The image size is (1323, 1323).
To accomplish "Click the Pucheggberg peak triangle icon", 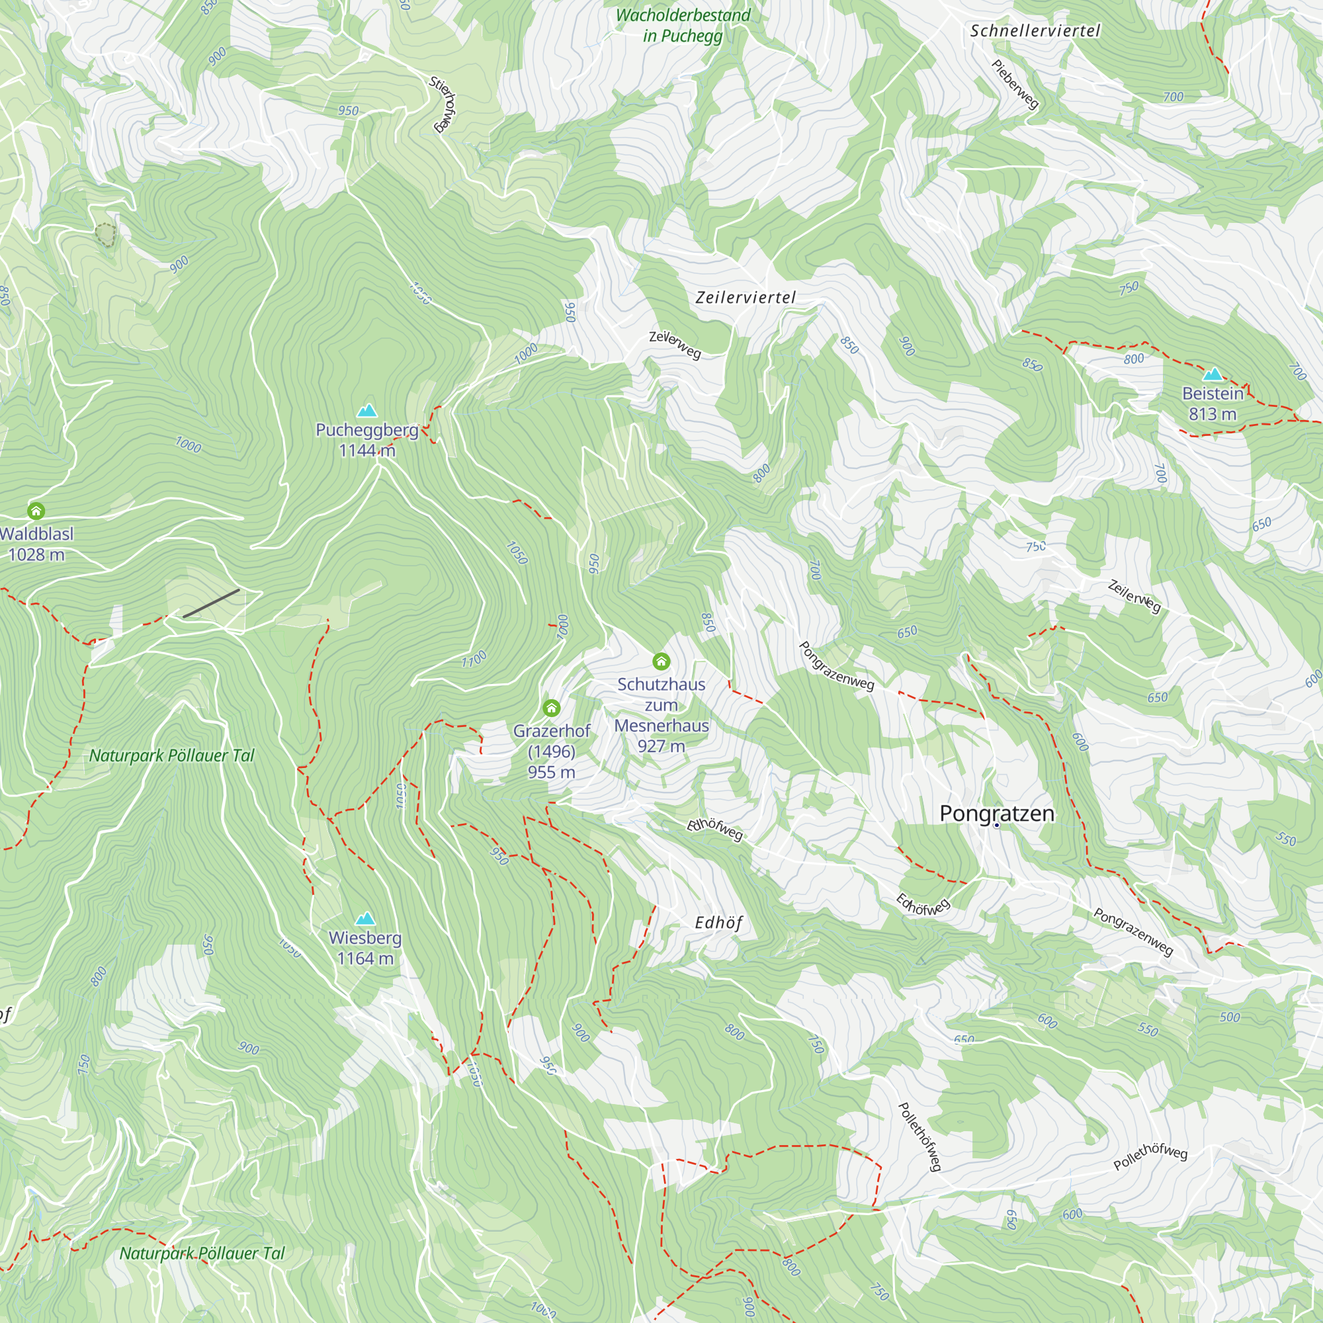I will (367, 411).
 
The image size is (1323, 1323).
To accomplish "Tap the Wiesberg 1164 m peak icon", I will (365, 919).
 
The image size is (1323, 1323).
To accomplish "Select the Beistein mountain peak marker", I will (1212, 374).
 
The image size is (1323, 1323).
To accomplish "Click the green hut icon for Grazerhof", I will (551, 708).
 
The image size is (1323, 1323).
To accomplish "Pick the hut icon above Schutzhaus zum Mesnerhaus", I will (661, 661).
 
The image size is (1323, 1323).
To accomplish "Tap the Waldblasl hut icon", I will (36, 511).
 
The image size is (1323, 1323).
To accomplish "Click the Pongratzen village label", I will (996, 814).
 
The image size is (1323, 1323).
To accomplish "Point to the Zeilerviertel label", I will (745, 297).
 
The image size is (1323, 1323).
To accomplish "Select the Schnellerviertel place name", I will (1035, 31).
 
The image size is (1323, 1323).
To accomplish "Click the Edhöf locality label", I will (718, 923).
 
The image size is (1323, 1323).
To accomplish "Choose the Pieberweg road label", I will (1015, 84).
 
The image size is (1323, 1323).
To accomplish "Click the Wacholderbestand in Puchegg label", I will (683, 25).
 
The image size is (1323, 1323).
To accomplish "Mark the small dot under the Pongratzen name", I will (997, 826).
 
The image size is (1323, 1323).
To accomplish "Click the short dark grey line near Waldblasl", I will (211, 603).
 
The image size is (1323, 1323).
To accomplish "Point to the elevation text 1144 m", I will (367, 450).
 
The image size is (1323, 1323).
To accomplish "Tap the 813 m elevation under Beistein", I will (1212, 414).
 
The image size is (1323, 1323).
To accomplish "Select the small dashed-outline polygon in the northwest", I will (105, 235).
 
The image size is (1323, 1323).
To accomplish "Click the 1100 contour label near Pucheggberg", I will (473, 660).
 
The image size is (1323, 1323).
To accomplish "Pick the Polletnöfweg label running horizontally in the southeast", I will (1150, 1156).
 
